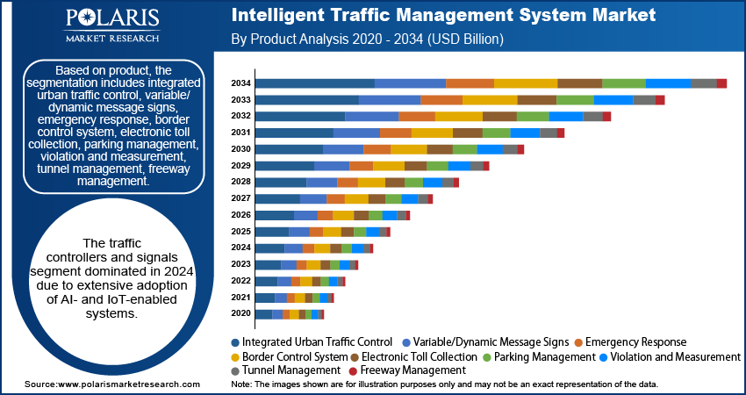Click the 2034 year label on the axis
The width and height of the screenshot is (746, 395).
click(241, 83)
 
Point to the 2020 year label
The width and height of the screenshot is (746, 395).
click(241, 313)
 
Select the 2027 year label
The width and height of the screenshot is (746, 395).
click(241, 198)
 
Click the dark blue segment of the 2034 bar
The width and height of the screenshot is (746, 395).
click(314, 83)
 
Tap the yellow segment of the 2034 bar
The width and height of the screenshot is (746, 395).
click(526, 83)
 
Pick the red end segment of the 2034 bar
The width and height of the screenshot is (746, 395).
click(721, 83)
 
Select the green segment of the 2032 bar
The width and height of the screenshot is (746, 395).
click(533, 116)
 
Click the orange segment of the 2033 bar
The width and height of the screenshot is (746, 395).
click(441, 100)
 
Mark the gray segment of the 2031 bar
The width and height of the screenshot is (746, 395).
click(549, 133)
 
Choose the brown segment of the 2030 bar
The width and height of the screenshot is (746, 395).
click(440, 149)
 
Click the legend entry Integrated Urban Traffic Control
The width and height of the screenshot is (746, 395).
click(312, 341)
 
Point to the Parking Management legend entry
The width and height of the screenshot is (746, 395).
click(535, 357)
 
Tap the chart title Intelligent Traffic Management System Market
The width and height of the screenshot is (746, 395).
click(442, 16)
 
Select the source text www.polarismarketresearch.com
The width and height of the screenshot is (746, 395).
click(106, 384)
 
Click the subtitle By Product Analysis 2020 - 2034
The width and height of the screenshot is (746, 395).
click(366, 39)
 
